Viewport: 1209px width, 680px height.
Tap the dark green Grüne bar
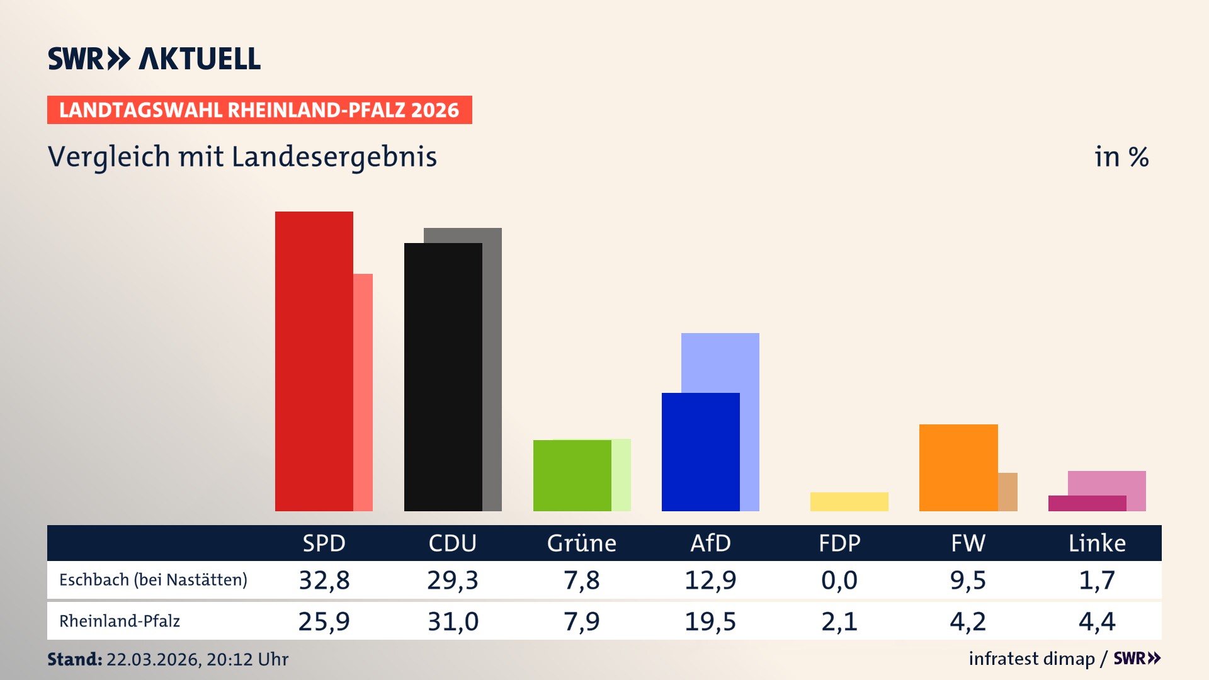click(572, 475)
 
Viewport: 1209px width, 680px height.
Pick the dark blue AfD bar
click(700, 451)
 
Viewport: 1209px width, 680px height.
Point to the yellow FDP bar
click(849, 502)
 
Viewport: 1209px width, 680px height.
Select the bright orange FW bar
click(958, 467)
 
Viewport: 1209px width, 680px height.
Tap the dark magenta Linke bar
click(1087, 503)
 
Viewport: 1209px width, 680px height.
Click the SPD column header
click(324, 543)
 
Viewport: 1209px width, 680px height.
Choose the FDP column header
click(839, 543)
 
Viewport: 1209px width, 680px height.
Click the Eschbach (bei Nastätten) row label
click(153, 580)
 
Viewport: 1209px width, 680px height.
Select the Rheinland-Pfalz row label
click(120, 621)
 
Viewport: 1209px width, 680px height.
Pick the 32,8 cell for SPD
click(324, 580)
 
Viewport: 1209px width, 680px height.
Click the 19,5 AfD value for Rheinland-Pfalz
click(710, 621)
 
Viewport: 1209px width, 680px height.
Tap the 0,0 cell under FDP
click(839, 580)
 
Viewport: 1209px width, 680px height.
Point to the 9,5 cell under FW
click(968, 580)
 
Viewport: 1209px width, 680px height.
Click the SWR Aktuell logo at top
click(154, 59)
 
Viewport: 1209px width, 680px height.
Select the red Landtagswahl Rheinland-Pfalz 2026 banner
click(259, 110)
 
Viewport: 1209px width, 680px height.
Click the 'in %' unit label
click(1121, 157)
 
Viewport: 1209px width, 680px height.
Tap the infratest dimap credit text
click(1031, 659)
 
